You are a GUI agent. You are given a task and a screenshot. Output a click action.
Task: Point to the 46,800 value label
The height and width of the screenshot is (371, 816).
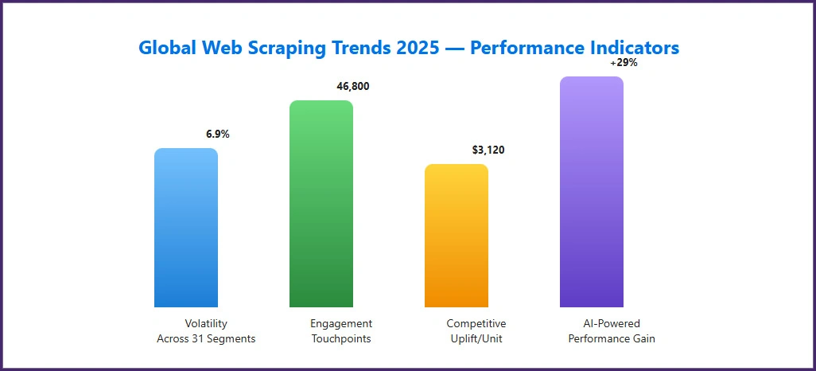353,87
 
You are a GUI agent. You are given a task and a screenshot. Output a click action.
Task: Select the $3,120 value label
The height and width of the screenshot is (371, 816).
488,150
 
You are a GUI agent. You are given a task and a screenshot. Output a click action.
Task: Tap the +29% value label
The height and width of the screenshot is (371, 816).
624,63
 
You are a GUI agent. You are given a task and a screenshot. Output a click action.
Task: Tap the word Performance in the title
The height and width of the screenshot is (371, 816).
520,48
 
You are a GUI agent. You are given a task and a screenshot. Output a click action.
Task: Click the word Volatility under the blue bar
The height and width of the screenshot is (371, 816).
206,324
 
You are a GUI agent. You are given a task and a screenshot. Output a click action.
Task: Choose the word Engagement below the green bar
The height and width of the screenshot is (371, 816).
341,324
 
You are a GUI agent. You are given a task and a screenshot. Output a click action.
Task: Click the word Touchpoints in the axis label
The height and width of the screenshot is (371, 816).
341,339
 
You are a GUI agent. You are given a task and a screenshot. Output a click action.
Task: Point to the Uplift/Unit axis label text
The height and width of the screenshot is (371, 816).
476,339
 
